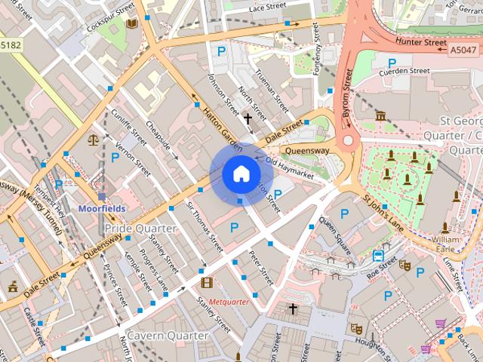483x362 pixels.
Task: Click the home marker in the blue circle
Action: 240,174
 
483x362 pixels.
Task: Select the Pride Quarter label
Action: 140,228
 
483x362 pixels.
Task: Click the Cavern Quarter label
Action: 168,335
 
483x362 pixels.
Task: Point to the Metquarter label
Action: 229,301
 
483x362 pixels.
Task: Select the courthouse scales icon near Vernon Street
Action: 93,140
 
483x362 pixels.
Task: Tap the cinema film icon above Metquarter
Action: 207,283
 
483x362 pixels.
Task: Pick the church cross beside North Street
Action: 247,118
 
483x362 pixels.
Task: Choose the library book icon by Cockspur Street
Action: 133,23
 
